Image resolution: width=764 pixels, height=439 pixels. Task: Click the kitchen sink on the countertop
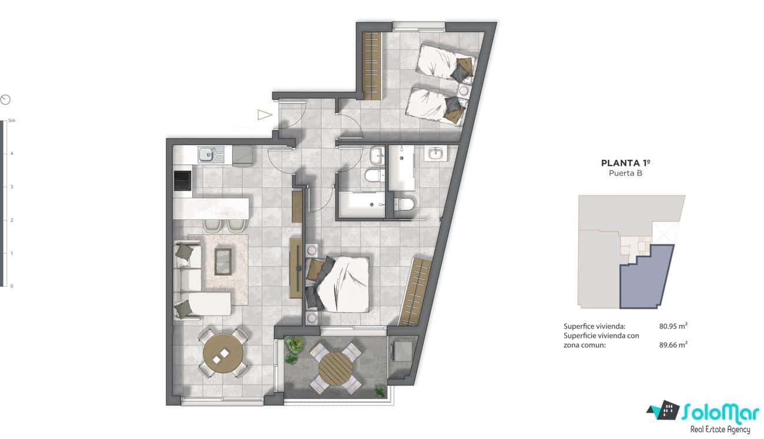click(x=206, y=155)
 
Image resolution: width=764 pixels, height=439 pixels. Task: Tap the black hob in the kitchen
click(x=183, y=180)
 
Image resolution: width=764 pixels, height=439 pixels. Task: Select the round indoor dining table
click(x=223, y=353)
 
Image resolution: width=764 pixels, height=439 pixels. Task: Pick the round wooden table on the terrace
click(x=336, y=368)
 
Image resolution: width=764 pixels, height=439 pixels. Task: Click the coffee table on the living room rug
click(x=223, y=261)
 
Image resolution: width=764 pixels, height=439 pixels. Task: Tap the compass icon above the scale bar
click(x=5, y=99)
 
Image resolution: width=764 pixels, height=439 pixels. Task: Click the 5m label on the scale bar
click(x=11, y=120)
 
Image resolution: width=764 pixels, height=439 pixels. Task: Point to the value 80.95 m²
click(x=673, y=326)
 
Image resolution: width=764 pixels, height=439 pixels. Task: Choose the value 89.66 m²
click(x=673, y=346)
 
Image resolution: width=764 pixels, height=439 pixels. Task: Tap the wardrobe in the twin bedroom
click(x=371, y=66)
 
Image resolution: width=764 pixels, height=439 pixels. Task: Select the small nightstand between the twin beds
click(x=464, y=91)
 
